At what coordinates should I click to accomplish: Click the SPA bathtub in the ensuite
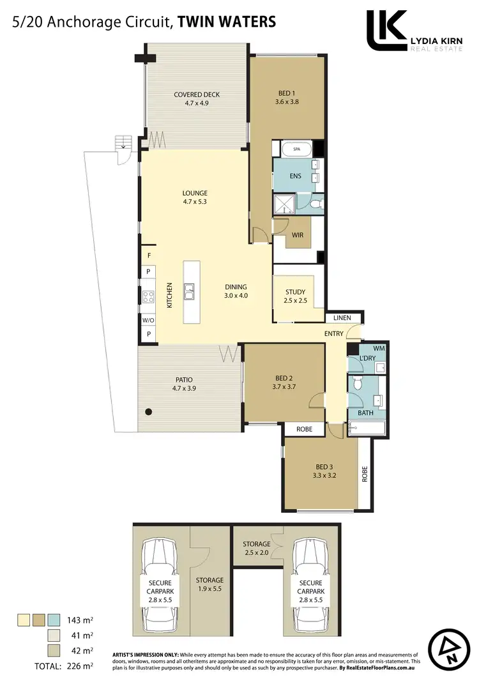pos(296,149)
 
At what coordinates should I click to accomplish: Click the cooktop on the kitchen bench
pos(148,296)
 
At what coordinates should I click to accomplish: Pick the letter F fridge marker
pos(149,255)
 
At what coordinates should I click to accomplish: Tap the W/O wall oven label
pos(148,320)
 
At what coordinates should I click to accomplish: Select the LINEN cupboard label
pos(343,318)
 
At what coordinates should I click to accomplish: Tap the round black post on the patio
pos(148,412)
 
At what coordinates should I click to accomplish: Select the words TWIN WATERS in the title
pos(227,22)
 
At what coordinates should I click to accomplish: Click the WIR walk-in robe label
pos(297,235)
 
